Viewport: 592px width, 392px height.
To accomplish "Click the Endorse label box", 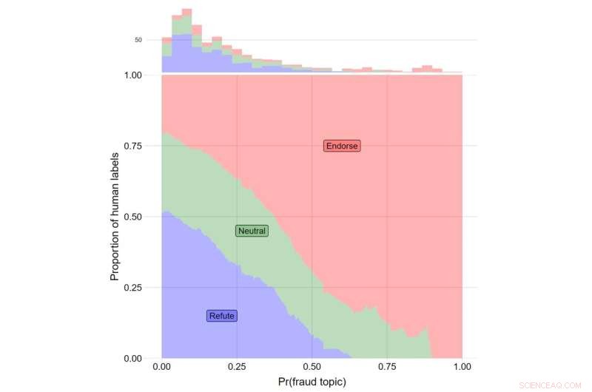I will pos(342,146).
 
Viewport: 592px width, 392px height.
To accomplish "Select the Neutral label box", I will pos(252,231).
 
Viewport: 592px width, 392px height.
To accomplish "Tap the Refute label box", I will pos(222,316).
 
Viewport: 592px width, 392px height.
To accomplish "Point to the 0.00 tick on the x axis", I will pos(162,366).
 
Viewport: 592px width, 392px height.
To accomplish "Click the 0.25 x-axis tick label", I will pos(237,366).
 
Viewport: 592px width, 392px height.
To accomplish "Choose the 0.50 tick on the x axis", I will pos(312,366).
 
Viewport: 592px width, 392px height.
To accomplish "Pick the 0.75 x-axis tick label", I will pos(387,366).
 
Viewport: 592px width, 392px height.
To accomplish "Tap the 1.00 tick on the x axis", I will pos(462,366).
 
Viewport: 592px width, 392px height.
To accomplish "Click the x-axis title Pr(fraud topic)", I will pos(312,382).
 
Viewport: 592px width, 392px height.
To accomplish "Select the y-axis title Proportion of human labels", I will pos(115,216).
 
